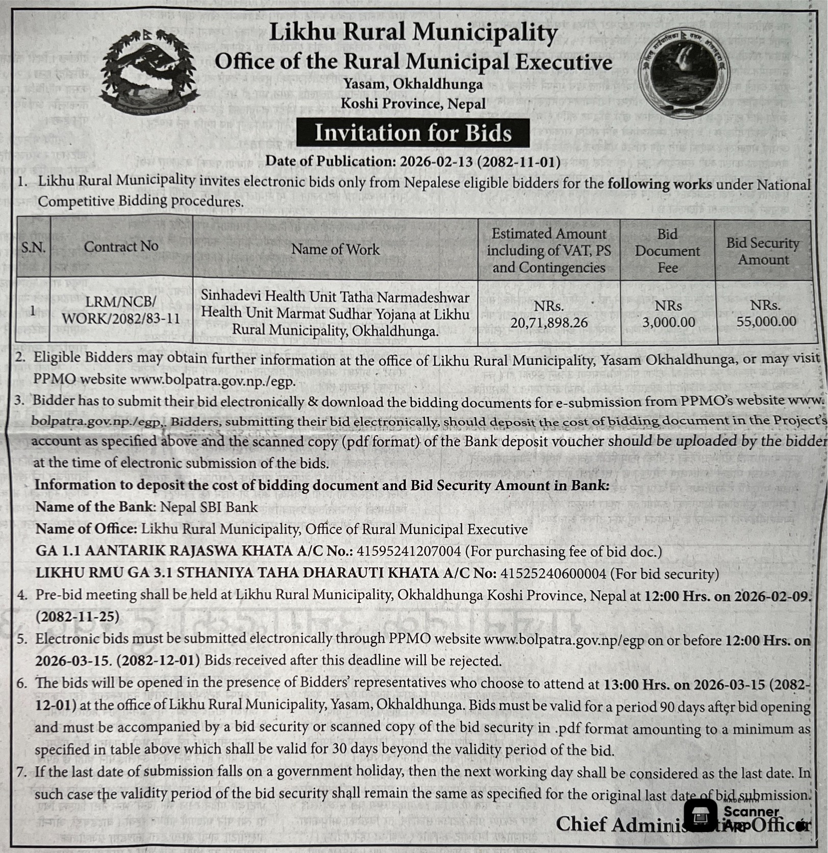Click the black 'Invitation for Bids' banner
(x=413, y=133)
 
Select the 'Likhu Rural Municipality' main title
(x=413, y=33)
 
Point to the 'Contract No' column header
(x=121, y=247)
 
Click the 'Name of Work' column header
(x=335, y=249)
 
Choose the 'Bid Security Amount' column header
(x=763, y=251)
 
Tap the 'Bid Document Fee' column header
(x=667, y=251)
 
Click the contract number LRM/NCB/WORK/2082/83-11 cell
(x=121, y=310)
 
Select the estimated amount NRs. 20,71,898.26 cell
(x=549, y=314)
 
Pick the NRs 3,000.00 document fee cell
(x=668, y=314)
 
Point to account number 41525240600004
(x=553, y=573)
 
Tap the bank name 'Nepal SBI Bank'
(x=209, y=507)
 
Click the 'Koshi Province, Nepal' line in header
(x=413, y=104)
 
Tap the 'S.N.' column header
(x=33, y=248)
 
